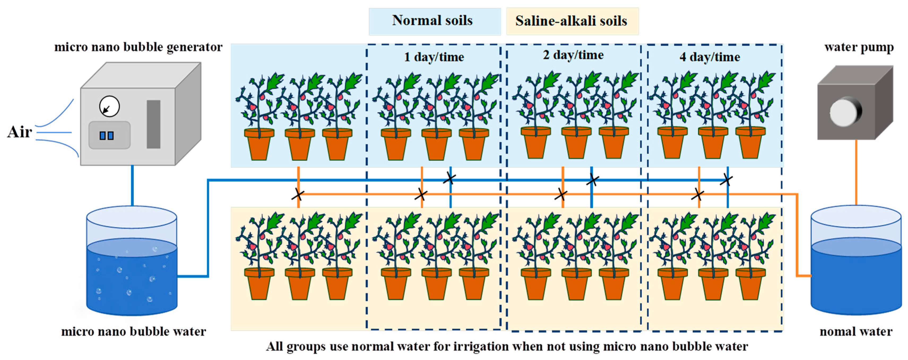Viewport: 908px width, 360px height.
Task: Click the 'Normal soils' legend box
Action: point(434,21)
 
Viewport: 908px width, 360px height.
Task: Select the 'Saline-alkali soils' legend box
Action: point(572,21)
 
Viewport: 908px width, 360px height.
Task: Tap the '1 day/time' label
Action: point(434,57)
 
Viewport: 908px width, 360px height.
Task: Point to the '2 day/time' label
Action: point(573,55)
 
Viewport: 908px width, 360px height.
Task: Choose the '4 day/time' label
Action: point(710,57)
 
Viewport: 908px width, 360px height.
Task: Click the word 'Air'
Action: point(19,132)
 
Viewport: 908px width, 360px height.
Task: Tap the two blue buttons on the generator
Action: point(106,136)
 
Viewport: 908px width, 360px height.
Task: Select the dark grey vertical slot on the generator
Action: point(153,124)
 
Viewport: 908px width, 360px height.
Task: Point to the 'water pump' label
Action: point(859,48)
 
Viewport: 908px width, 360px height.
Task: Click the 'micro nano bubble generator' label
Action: point(138,47)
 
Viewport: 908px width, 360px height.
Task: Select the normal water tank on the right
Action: point(856,268)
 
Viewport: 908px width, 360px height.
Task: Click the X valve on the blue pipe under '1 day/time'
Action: point(449,178)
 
